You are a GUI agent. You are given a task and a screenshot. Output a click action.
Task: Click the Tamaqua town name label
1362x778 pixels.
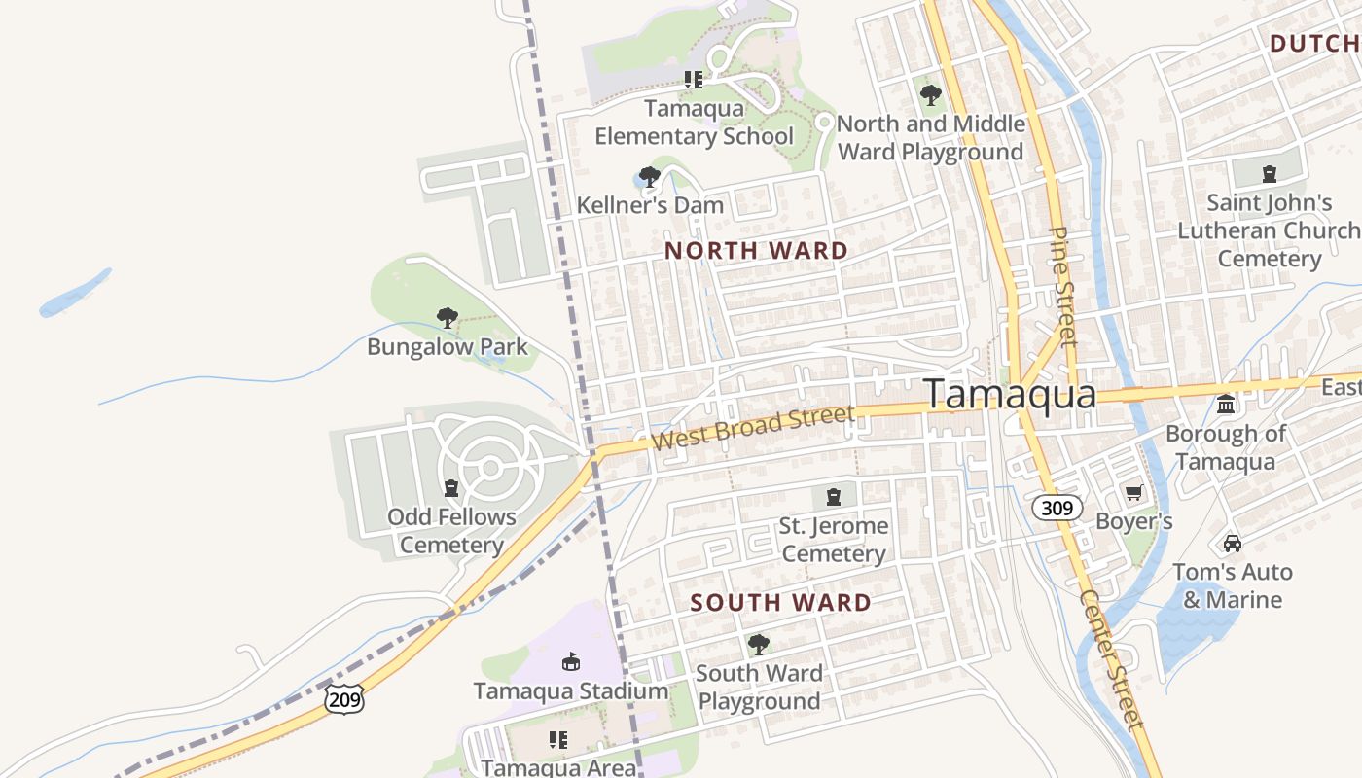[x=1010, y=394]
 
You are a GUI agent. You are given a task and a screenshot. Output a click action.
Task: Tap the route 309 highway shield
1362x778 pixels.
[x=1056, y=508]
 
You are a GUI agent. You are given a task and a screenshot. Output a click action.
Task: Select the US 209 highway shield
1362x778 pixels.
[x=345, y=697]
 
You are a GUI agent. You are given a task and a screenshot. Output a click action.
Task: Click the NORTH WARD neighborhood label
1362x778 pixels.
[x=756, y=251]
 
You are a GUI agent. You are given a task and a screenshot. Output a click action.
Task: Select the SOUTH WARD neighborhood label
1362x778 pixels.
[x=780, y=603]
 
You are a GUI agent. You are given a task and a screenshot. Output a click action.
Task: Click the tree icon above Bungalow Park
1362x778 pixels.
[x=448, y=317]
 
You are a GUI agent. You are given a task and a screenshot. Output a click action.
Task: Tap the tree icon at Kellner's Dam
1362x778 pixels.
[x=649, y=177]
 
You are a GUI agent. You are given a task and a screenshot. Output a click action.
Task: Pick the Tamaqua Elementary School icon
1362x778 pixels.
[x=693, y=80]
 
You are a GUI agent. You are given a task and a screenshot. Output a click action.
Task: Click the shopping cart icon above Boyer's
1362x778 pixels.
[x=1133, y=493]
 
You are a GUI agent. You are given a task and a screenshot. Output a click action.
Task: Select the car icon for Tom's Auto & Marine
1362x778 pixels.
[x=1233, y=543]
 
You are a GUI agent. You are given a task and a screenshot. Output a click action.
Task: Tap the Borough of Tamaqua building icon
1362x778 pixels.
[x=1226, y=404]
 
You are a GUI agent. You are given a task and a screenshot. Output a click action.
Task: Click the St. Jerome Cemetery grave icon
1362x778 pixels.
[x=833, y=497]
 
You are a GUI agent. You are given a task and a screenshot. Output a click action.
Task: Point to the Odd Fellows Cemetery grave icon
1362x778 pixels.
[x=450, y=487]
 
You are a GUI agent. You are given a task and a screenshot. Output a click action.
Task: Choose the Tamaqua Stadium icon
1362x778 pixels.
[x=571, y=662]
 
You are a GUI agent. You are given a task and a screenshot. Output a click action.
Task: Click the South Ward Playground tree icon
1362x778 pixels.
[x=758, y=644]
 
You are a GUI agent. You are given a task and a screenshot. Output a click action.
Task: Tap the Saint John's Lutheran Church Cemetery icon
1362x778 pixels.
[x=1269, y=175]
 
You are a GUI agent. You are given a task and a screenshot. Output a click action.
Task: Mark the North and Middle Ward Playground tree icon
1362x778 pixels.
[x=930, y=95]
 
